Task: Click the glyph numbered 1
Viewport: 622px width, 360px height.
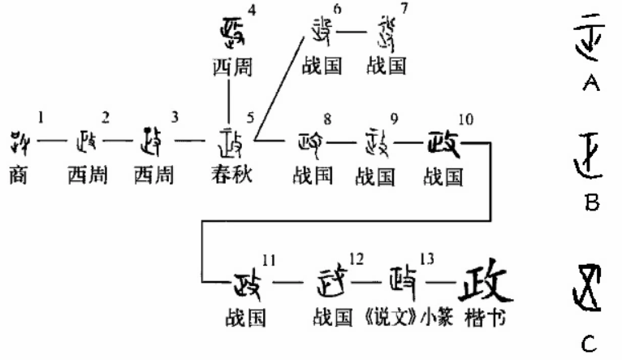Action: [x=23, y=143]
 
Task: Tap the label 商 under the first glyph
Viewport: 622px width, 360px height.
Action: [x=20, y=175]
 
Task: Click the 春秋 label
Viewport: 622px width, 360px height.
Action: [x=231, y=175]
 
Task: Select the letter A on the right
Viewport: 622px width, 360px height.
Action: [x=591, y=84]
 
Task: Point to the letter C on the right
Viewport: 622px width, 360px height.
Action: [x=590, y=345]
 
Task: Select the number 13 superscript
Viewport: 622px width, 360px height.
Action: [x=427, y=258]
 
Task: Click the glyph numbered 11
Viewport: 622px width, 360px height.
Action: [x=247, y=284]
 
